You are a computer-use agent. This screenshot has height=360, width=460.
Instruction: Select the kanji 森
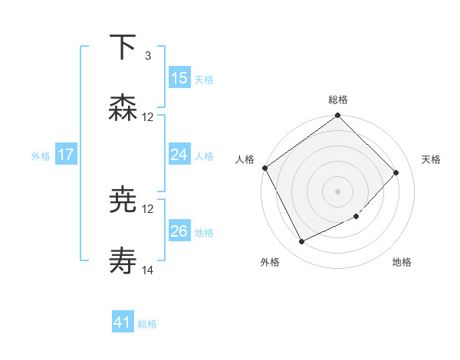123,108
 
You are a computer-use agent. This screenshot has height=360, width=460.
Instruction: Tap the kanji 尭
123,201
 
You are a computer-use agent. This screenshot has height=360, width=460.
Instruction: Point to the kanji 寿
123,262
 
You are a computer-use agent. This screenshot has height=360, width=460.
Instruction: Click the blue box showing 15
179,78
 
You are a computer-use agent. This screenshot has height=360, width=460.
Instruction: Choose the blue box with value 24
179,155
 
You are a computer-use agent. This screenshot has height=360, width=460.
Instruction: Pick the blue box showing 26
179,231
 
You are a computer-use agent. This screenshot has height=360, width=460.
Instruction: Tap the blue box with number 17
66,155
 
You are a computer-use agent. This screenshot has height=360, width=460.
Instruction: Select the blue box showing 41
123,322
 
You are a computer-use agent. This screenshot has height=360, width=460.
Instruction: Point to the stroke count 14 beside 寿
148,270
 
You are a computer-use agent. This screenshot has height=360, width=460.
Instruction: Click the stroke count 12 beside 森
148,117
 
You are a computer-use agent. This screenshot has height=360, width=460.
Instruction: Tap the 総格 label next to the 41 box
147,324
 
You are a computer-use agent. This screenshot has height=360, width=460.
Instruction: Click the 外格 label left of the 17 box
41,156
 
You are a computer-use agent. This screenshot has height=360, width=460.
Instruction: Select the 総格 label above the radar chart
338,100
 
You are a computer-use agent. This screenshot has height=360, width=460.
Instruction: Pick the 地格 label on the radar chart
402,262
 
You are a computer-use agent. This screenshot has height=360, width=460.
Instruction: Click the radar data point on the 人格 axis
265,168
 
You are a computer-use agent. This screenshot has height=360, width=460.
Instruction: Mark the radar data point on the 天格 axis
396,172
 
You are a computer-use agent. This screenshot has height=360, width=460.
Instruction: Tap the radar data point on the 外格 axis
301,242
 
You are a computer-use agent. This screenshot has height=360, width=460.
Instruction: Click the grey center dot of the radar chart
338,191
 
